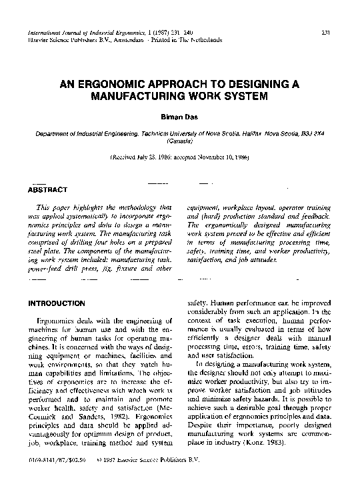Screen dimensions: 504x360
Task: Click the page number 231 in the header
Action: pos(327,31)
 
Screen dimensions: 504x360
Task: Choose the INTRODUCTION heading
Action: pos(57,303)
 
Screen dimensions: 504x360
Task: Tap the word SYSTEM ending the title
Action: pos(246,96)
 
